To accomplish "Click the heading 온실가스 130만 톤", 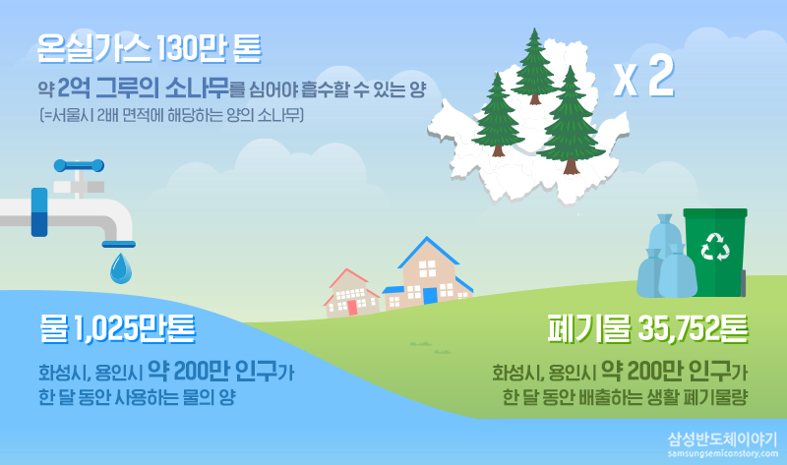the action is coord(150,48).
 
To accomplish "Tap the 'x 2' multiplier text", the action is coord(644,77).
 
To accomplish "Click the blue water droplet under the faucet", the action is coord(121,268).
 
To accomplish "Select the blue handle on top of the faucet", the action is coord(79,165).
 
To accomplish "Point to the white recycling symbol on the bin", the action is coord(715,247).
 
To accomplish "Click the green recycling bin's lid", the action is coord(715,212).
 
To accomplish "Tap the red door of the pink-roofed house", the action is coord(352,307).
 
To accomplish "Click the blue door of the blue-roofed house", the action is coord(430,295).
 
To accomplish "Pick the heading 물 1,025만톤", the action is coord(117,329).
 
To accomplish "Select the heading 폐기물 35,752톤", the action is coord(648,329).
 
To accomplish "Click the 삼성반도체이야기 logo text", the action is coord(722,439).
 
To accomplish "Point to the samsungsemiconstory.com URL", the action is coord(723,453).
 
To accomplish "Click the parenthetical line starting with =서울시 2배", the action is coord(171,116).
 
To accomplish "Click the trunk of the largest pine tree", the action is coord(571,166).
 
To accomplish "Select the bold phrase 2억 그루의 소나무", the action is coord(144,87).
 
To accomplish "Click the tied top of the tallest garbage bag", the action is coord(664,219).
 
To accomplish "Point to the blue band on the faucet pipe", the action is coord(39,212).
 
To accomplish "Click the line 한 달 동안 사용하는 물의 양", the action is coord(137,398).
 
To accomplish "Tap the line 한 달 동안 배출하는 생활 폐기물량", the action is coord(625,398).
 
